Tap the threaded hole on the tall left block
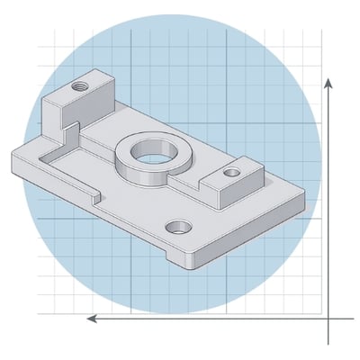coord(78,88)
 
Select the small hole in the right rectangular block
coord(231,170)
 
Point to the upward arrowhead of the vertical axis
coord(329,83)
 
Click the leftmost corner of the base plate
coord(11,160)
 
